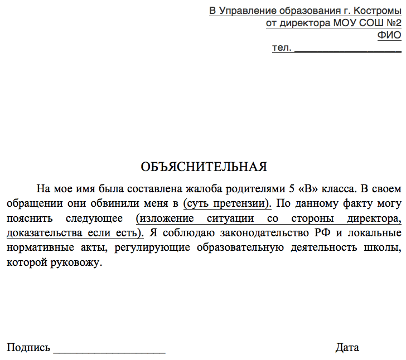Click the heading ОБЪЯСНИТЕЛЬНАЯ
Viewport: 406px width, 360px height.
click(204, 167)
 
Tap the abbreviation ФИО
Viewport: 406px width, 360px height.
click(389, 36)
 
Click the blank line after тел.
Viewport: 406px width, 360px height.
click(347, 49)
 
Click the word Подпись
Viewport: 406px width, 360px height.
click(28, 348)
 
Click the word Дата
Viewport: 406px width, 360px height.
click(347, 348)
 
